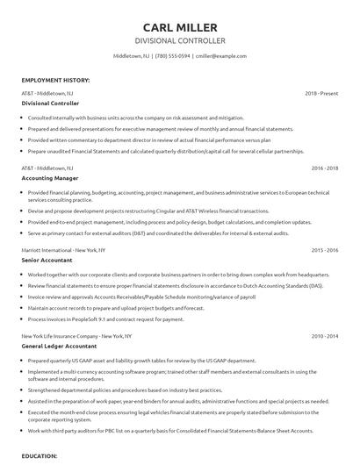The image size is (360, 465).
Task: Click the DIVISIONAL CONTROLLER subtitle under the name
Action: coord(179,40)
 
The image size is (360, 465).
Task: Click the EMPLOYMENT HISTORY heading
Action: coord(55,80)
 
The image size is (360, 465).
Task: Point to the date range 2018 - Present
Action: coord(321,92)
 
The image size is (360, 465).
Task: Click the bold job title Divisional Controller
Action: coord(50,103)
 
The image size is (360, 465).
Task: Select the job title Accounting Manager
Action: coord(49,176)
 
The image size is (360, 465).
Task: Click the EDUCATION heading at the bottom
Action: coord(40,456)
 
